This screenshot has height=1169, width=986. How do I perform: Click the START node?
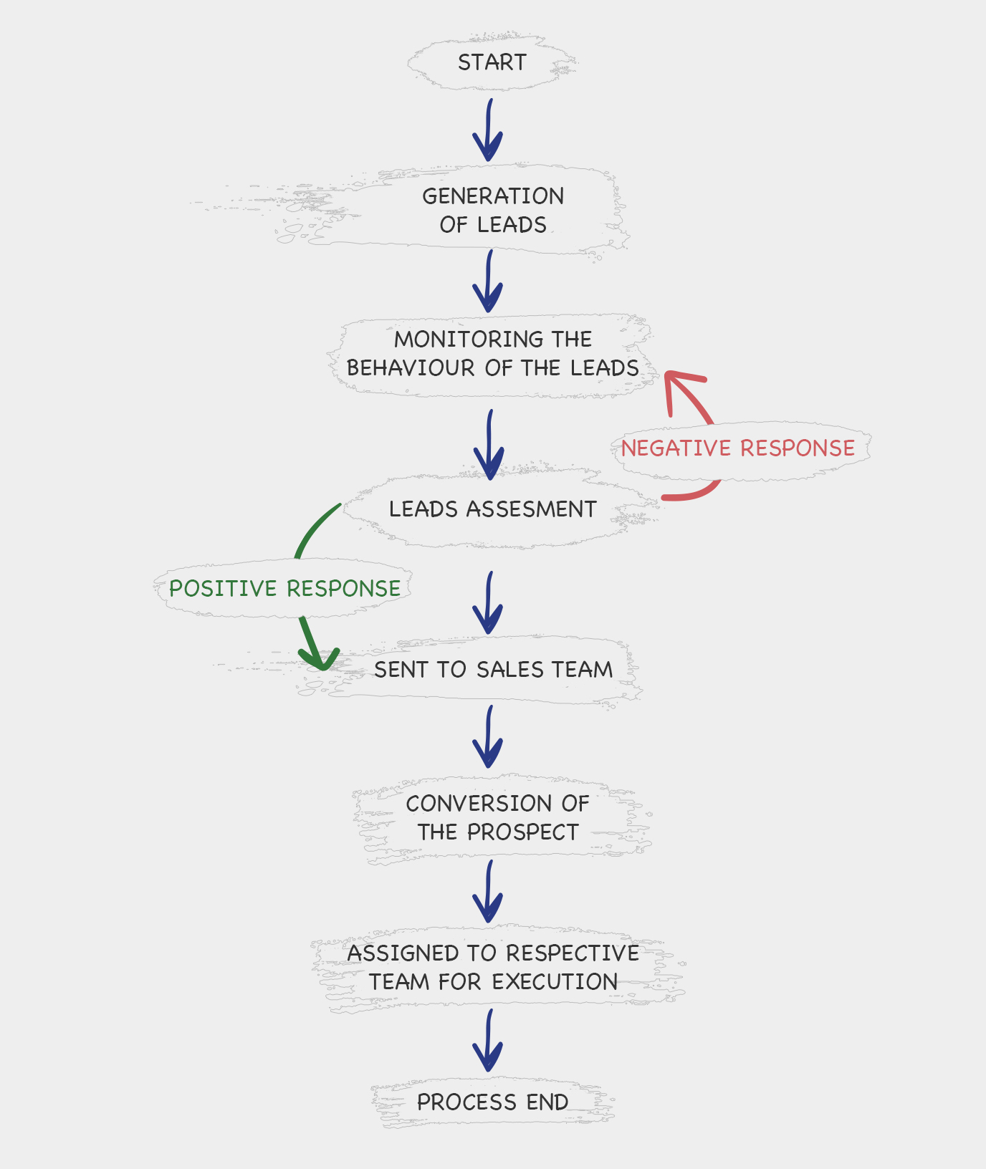(x=492, y=62)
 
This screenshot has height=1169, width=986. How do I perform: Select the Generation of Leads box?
(x=493, y=210)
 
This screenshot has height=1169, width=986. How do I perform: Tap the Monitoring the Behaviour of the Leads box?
(x=493, y=353)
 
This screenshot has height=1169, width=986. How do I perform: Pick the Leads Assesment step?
(x=493, y=509)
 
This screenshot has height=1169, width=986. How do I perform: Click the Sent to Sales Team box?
(x=493, y=669)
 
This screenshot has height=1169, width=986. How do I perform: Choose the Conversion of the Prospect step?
(x=498, y=817)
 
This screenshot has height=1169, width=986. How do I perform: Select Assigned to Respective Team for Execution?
(x=493, y=967)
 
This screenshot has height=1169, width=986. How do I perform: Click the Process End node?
(x=493, y=1102)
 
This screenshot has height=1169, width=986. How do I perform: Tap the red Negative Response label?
(x=738, y=448)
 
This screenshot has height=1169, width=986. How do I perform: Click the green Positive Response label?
(x=284, y=589)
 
